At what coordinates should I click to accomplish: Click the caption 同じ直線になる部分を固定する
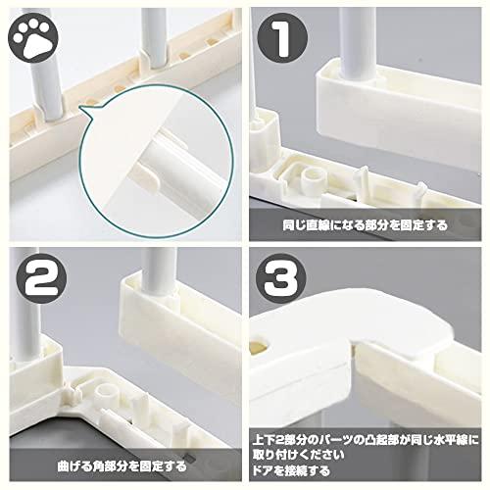(366, 224)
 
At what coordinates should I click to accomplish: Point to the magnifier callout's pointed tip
(85, 114)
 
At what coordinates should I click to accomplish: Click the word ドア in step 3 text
(269, 471)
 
